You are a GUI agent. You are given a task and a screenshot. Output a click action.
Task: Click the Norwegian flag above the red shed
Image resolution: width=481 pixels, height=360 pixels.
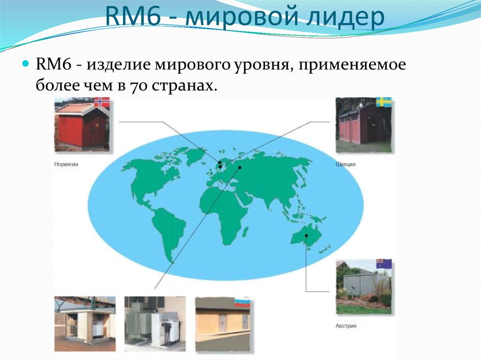point(101,102)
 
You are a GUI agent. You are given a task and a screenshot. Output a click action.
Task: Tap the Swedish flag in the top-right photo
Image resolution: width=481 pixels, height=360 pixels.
point(384,102)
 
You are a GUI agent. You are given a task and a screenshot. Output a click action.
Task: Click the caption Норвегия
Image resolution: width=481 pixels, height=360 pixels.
point(66,165)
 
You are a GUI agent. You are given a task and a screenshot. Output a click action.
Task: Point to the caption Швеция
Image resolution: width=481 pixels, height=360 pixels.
point(345,165)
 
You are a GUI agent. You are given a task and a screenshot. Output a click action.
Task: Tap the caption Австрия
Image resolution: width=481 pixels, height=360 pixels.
point(346,325)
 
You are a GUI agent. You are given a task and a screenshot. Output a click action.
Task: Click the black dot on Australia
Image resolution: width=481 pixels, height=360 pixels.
point(306,235)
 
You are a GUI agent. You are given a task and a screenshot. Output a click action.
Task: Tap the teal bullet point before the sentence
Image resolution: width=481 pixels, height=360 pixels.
point(26,63)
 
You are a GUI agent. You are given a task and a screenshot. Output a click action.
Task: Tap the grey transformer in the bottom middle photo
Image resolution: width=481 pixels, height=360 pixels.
point(141,324)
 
